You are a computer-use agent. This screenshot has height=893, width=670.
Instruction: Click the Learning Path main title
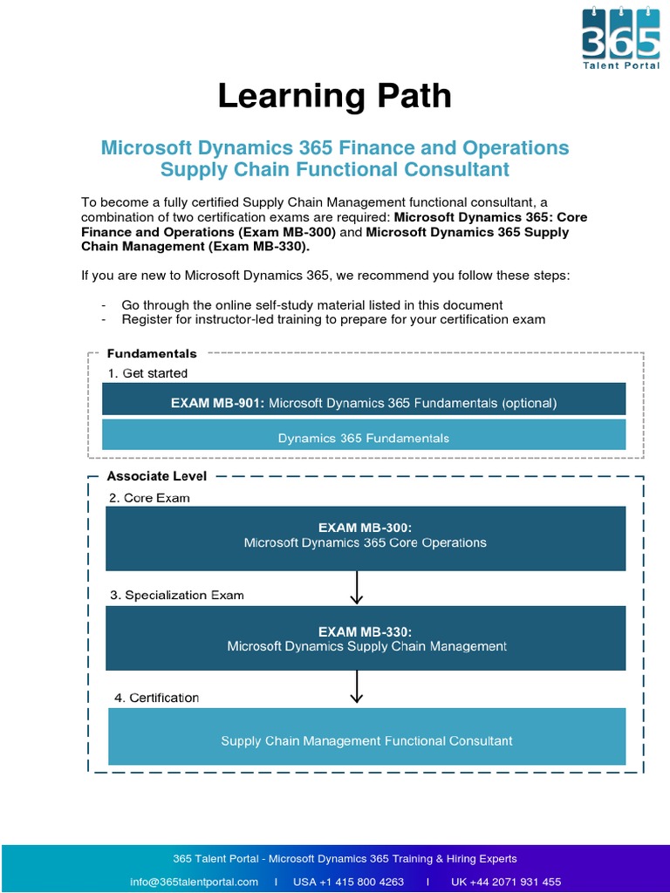point(335,96)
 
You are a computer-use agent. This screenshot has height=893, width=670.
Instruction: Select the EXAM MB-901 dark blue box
point(364,403)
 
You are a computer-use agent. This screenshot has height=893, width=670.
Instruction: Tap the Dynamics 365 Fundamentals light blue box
point(364,438)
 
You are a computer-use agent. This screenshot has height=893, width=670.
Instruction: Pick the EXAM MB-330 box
point(366,638)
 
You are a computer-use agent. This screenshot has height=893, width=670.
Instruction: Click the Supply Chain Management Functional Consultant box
point(366,740)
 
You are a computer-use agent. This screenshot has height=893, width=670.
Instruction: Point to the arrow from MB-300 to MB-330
point(356,588)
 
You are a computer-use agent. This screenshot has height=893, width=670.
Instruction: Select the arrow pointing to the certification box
point(356,686)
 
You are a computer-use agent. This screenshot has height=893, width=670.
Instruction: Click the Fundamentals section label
point(152,354)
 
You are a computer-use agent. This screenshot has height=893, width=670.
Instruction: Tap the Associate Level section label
point(157,476)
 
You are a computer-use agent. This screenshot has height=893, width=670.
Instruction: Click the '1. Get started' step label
point(148,373)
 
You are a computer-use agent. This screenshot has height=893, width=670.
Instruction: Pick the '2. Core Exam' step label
point(149,498)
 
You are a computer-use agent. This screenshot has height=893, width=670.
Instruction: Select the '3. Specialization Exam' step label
point(177,595)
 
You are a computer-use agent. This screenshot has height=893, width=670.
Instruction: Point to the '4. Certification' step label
point(157,698)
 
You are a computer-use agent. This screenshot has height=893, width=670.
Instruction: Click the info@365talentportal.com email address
point(194,882)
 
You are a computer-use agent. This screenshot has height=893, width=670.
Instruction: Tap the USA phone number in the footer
point(348,882)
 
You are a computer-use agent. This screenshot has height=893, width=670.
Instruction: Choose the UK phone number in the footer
point(506,882)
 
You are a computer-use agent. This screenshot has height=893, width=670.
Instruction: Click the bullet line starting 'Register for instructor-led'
point(333,319)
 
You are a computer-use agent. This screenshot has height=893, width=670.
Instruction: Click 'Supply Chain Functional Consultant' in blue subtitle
point(335,169)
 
